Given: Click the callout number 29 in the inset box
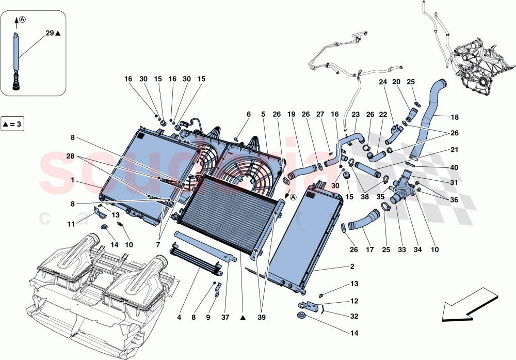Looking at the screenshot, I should click(x=50, y=33).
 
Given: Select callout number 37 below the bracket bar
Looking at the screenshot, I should click(x=225, y=317).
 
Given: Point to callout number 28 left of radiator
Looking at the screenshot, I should click(x=70, y=155).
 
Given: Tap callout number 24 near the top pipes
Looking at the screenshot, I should click(x=382, y=82).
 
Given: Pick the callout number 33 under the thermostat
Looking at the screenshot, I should click(x=401, y=250).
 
